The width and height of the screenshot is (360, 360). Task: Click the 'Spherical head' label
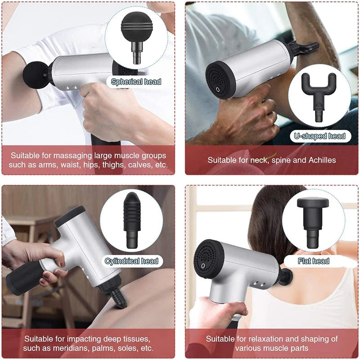click(136, 81)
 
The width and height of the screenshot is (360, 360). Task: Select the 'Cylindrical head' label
click(131, 261)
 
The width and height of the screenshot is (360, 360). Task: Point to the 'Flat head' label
click(314, 261)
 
